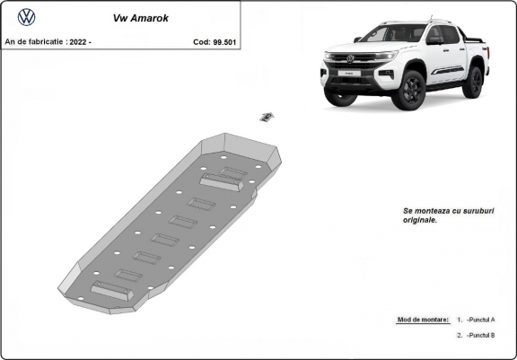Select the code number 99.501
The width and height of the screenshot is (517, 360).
226,41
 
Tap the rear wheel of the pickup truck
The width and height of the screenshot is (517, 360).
473,82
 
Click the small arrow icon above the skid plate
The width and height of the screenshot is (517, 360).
267,116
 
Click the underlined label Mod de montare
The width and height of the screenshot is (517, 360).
422,320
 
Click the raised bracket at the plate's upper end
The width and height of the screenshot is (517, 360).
222,180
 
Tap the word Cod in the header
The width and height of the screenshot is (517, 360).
200,41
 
